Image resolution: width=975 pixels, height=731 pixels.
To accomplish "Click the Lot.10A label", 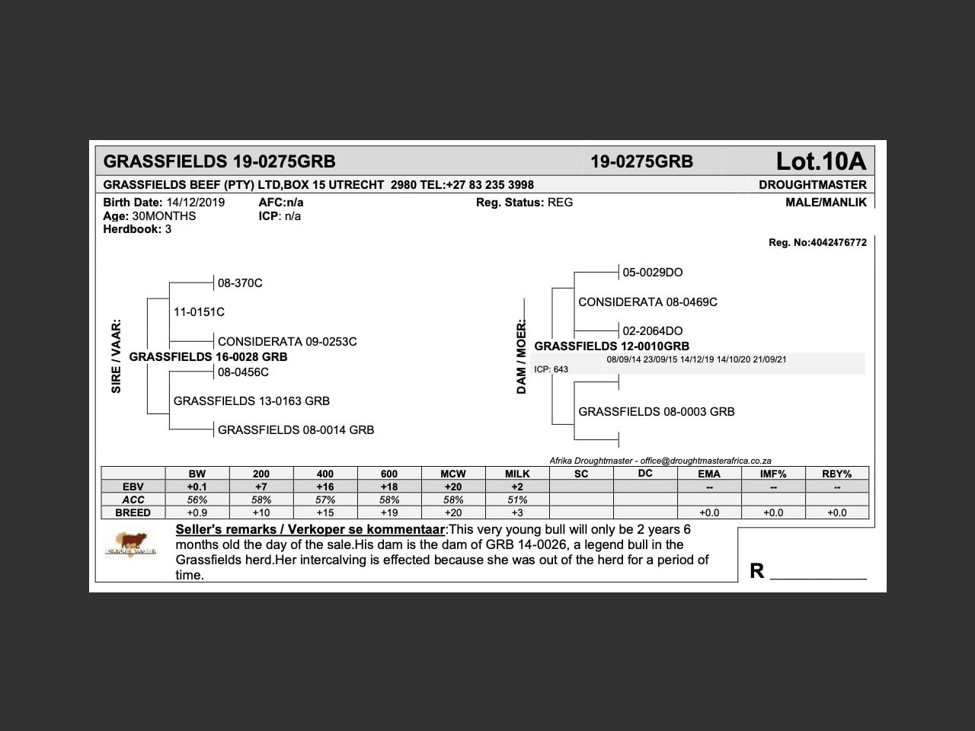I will [x=820, y=161].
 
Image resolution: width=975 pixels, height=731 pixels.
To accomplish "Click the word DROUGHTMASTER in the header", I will [x=812, y=185].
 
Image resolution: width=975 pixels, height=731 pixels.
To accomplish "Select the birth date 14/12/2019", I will [x=196, y=203].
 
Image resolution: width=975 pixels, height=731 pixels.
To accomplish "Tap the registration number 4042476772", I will [x=838, y=243].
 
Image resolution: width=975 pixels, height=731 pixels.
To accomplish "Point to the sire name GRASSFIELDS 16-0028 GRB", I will [x=208, y=357].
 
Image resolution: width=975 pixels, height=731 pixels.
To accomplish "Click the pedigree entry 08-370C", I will [x=240, y=283].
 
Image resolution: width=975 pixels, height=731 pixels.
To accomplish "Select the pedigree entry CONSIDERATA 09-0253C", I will [x=287, y=342].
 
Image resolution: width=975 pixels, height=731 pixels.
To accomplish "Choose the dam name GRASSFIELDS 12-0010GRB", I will [x=612, y=346].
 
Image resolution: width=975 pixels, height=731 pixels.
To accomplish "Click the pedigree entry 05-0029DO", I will [x=653, y=273].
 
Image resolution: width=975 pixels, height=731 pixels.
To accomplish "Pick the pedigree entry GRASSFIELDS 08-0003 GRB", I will [x=657, y=412].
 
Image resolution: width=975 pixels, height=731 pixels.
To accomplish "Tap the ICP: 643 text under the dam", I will [x=551, y=369].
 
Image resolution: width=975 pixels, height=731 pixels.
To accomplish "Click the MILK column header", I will [x=517, y=474].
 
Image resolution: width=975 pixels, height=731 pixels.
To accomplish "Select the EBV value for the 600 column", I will [x=389, y=487].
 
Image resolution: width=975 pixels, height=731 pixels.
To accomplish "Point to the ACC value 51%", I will [x=517, y=500].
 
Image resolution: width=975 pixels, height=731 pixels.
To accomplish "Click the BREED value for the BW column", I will [x=197, y=513].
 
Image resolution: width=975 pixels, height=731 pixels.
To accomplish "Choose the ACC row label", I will [x=133, y=500].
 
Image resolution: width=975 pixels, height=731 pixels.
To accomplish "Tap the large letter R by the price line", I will [x=756, y=571].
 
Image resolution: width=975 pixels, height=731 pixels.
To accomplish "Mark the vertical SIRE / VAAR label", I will [x=117, y=356].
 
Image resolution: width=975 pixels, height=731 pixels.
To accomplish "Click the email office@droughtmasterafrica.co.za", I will [x=705, y=461].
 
